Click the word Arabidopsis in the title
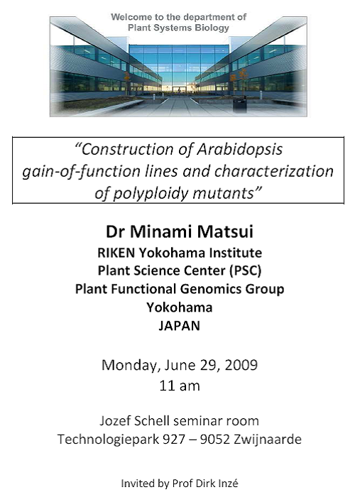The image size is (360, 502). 239,149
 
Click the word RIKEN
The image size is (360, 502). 116,253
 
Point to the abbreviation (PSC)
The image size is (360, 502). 246,271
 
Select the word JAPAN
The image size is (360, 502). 180,326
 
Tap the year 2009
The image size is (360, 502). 241,365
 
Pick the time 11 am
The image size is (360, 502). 180,386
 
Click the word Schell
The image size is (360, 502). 151,420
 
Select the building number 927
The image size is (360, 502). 174,440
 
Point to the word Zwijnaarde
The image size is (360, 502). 268,440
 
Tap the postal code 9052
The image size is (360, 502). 215,440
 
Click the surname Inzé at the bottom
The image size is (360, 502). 228,483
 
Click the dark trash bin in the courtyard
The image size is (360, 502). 239,105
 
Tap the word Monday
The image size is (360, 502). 131,366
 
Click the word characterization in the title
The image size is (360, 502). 274,171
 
